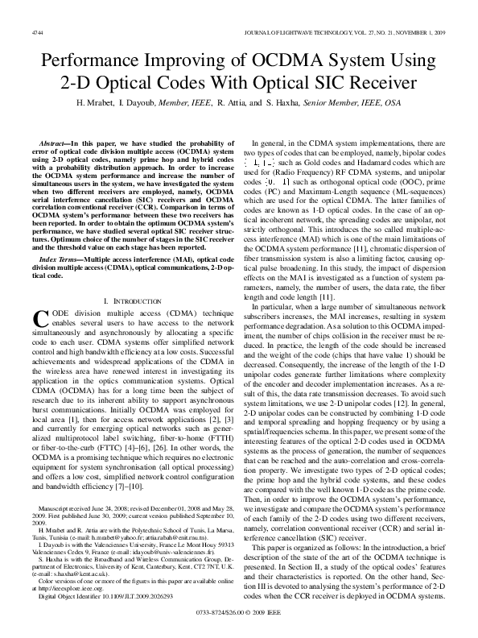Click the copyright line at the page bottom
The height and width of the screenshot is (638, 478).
239,614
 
